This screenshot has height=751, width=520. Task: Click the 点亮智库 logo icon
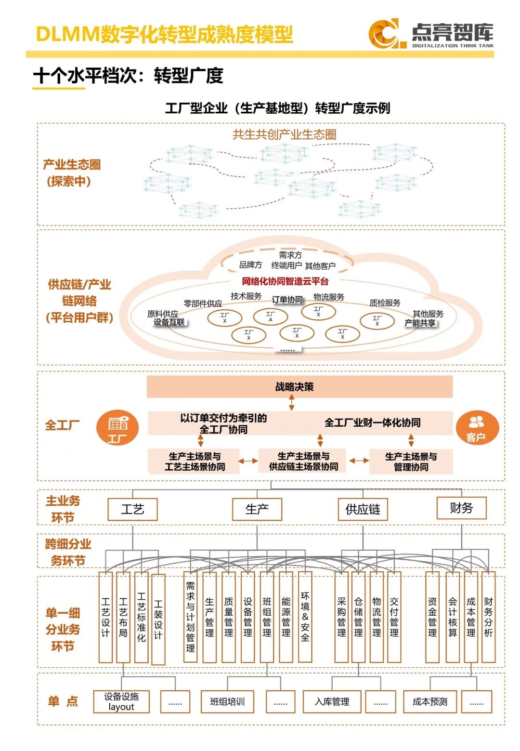point(384,34)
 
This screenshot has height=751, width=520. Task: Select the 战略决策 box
point(299,387)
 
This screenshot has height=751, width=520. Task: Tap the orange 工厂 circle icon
point(117,427)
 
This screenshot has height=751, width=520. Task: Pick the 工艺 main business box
point(132,509)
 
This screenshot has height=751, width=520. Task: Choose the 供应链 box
point(363,509)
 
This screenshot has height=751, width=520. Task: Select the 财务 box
point(461,508)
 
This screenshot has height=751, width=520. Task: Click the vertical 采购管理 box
point(341,617)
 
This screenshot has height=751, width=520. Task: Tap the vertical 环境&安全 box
point(305,617)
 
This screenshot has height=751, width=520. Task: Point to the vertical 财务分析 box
point(488,617)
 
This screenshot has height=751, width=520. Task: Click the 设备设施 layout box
point(121,701)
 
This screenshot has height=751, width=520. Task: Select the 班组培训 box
point(227,701)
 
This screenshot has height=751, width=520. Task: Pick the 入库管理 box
point(332,701)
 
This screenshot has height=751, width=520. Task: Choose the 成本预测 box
point(430,701)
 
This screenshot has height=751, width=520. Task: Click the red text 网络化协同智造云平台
point(285,281)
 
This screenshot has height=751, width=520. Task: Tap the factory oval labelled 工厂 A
point(271,316)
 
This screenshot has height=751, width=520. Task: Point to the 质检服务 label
point(385,303)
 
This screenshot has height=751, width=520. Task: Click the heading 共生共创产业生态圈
point(284,134)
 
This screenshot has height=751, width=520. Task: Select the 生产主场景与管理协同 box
point(411,461)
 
